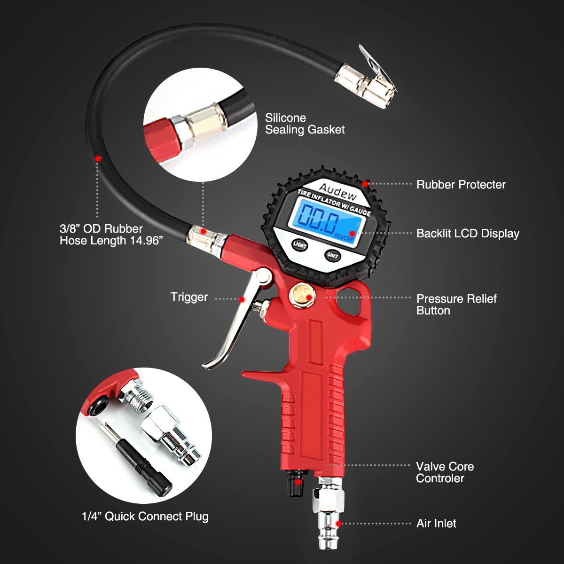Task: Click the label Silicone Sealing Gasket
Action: [305, 124]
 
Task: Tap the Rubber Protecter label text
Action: [461, 185]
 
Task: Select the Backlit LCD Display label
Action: [468, 234]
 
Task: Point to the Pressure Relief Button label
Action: [456, 305]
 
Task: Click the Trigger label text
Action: [189, 297]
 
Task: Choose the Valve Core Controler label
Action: [445, 472]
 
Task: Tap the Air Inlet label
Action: [436, 524]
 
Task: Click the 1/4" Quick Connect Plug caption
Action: [145, 517]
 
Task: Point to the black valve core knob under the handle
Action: [295, 484]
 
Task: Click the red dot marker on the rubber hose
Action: [98, 158]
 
